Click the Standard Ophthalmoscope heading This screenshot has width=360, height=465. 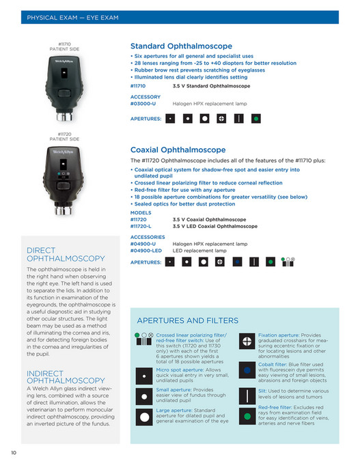pyautogui.click(x=181, y=46)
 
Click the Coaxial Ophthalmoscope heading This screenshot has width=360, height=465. pyautogui.click(x=178, y=150)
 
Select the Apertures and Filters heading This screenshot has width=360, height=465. pyautogui.click(x=187, y=320)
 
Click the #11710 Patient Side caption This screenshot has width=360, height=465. pyautogui.click(x=65, y=46)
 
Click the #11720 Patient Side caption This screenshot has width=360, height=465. pyautogui.click(x=65, y=137)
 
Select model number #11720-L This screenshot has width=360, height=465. pyautogui.click(x=142, y=226)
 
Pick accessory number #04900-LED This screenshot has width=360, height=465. pyautogui.click(x=146, y=251)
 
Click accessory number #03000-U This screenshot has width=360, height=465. pyautogui.click(x=143, y=103)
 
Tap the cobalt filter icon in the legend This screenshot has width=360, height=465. pyautogui.click(x=247, y=370)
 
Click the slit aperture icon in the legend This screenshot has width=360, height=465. pyautogui.click(x=247, y=395)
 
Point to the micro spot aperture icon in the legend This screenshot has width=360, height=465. pyautogui.click(x=144, y=375)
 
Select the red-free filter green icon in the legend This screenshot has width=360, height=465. pyautogui.click(x=247, y=415)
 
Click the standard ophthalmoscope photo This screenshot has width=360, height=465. pyautogui.click(x=65, y=87)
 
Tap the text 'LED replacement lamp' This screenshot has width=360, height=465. pyautogui.click(x=199, y=251)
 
